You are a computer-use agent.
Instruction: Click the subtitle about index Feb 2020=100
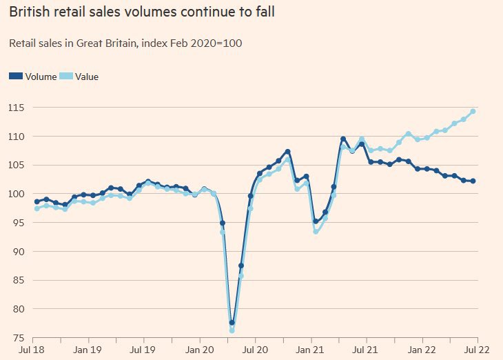125,43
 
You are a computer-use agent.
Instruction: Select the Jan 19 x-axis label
88,351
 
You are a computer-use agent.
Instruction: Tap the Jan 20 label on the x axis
200,351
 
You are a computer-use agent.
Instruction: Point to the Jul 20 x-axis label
255,351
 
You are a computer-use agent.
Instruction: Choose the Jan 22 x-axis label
423,351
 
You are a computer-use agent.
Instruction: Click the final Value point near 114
473,111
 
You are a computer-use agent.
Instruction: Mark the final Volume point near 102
473,181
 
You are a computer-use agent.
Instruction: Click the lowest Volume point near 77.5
232,323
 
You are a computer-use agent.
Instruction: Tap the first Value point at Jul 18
37,208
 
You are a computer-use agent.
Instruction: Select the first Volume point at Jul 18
37,201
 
